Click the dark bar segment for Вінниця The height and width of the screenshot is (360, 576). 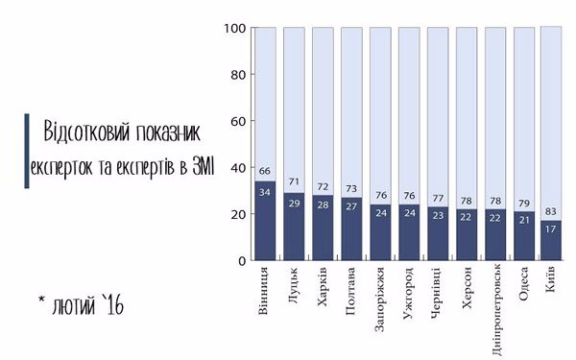265,221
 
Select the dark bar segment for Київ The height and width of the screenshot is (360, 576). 552,240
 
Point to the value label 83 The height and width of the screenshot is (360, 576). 552,211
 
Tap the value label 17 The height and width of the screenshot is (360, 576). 552,229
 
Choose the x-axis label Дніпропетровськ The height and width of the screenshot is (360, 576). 496,302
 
